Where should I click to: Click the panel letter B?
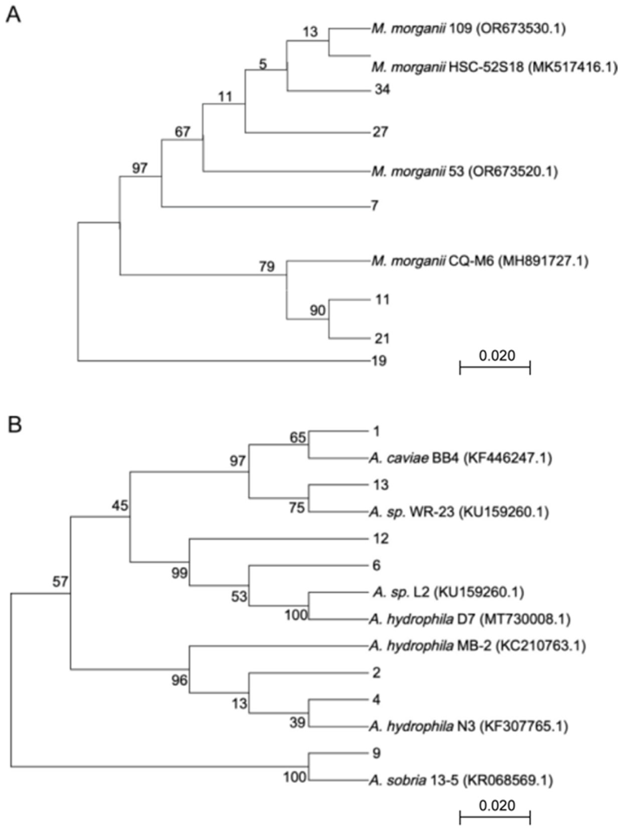[15, 425]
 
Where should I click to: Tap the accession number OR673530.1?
[520, 29]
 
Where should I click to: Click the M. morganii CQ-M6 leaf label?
[479, 261]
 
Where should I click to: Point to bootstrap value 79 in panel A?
[266, 267]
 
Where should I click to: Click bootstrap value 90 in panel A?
[318, 310]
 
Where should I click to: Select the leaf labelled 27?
[380, 132]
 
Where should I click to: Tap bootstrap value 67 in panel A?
[182, 132]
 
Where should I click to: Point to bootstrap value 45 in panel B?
[120, 505]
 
